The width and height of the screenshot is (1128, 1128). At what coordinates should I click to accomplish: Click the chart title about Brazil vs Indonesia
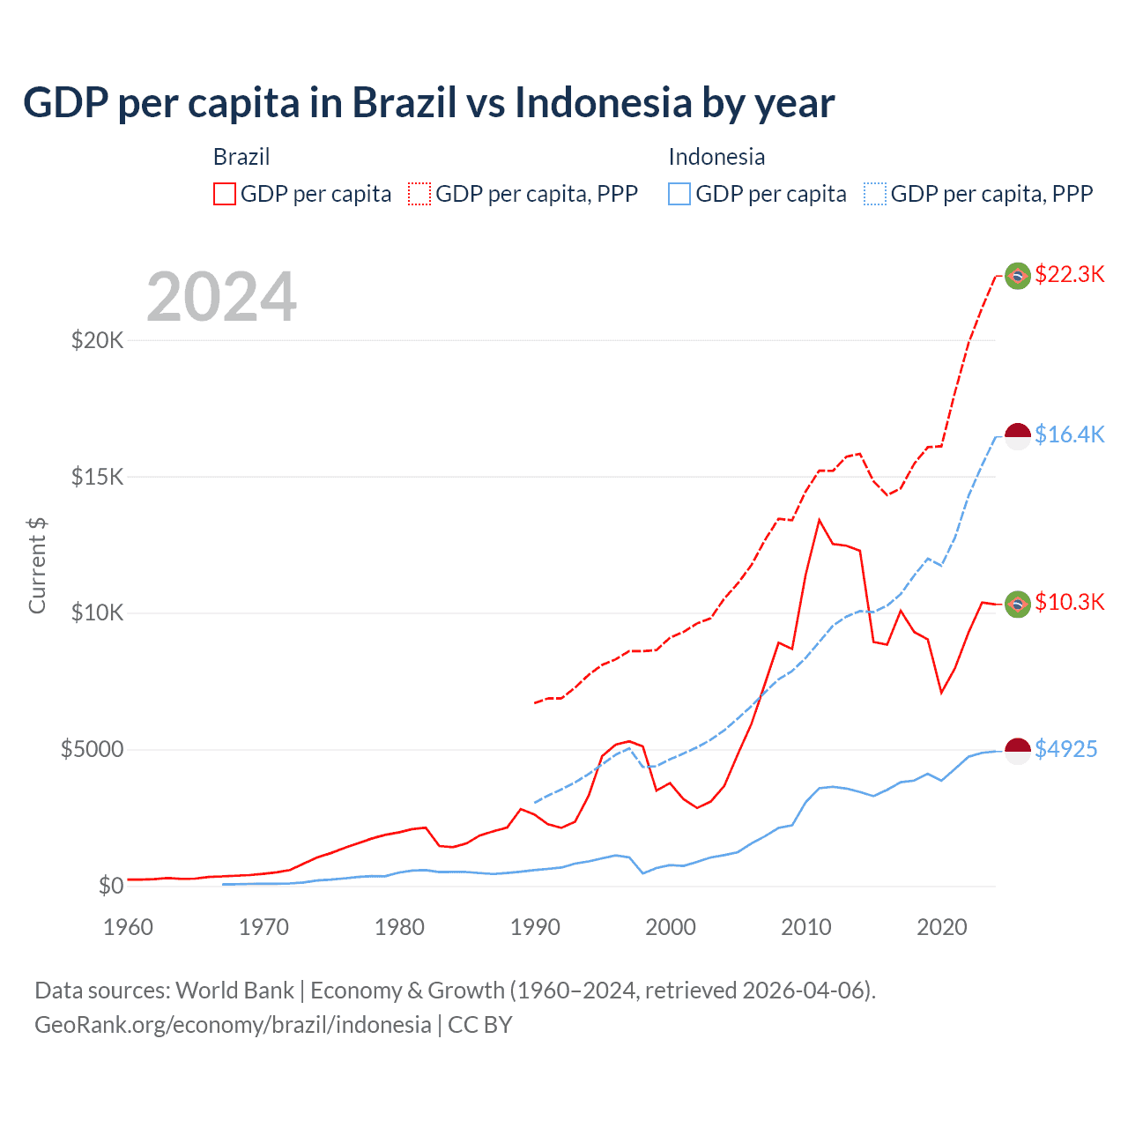428,103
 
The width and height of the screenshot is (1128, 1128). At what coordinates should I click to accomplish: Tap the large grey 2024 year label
221,297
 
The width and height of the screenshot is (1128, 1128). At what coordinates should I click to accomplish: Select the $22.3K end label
1069,274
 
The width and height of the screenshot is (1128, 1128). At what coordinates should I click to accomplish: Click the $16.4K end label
1069,434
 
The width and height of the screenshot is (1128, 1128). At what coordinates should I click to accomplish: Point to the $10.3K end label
1069,602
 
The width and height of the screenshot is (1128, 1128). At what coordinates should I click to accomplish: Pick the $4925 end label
1065,749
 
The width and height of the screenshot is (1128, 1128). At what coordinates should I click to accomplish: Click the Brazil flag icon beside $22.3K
1018,276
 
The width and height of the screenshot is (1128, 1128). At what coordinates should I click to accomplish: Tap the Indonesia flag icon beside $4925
1018,751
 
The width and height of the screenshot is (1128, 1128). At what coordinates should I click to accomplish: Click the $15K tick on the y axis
97,477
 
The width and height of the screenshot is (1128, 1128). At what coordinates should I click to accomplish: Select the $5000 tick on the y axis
92,749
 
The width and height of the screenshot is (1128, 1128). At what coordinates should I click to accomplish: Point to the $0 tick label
110,886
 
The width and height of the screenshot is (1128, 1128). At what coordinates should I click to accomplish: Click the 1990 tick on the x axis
535,927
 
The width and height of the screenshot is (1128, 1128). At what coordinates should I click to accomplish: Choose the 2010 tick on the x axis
806,927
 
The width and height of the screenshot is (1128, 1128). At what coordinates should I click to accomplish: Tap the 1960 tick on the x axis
129,927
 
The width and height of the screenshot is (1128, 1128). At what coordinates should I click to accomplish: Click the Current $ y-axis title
37,566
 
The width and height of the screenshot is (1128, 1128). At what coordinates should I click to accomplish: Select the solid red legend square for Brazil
225,194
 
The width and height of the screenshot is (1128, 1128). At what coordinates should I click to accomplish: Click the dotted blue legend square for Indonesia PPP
875,194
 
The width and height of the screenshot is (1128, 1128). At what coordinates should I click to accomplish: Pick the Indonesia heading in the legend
716,157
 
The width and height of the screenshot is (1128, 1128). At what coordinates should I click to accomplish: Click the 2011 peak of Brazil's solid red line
820,520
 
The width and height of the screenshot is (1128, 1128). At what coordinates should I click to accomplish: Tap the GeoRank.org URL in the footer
233,1025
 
